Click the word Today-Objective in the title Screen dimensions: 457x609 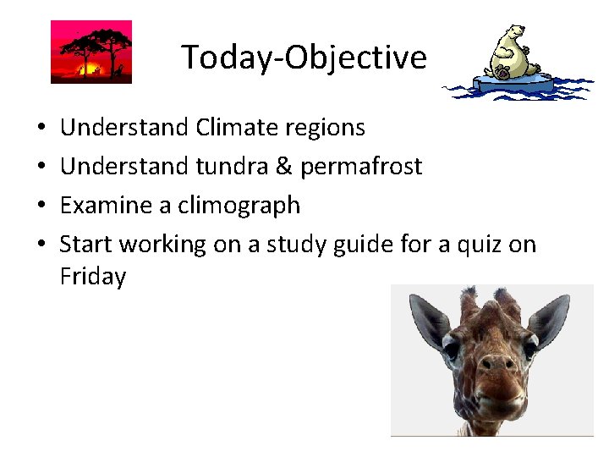304,58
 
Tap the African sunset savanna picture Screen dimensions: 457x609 91,52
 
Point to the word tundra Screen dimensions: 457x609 232,167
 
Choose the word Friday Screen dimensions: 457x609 93,277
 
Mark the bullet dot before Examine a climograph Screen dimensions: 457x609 42,206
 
